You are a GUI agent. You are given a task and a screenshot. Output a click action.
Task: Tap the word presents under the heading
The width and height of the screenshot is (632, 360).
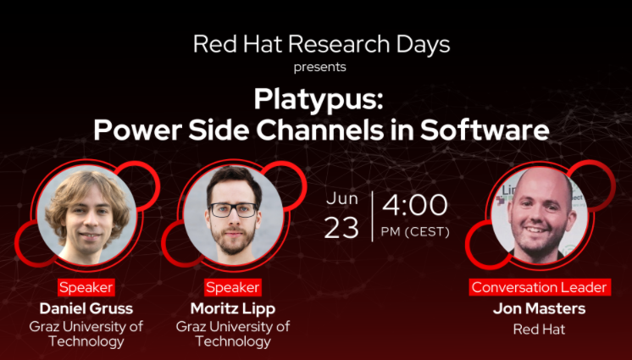(x=319, y=67)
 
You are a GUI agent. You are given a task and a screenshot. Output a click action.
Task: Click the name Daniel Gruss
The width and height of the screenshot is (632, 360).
(x=86, y=308)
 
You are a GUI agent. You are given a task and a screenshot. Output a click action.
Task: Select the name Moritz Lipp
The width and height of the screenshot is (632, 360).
(x=233, y=309)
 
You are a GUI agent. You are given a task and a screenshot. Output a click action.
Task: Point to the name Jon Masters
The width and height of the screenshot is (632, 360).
(x=540, y=308)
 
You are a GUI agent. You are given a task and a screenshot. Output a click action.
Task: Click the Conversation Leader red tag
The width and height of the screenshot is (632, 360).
(x=540, y=287)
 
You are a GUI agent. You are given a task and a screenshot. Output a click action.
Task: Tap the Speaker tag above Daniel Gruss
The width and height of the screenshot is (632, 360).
(x=86, y=287)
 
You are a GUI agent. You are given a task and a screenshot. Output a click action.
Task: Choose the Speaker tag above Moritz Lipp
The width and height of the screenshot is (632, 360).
(x=233, y=287)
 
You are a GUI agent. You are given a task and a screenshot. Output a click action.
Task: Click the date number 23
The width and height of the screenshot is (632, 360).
(x=341, y=228)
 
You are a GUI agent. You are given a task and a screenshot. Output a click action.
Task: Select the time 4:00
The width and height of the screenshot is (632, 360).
(x=415, y=205)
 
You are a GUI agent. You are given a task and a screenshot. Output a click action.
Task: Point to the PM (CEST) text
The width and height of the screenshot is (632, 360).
(x=415, y=232)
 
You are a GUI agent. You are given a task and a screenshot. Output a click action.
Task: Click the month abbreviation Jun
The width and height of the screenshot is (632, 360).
(x=342, y=199)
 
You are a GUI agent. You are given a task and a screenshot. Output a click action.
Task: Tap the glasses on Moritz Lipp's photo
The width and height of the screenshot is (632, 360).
(x=233, y=210)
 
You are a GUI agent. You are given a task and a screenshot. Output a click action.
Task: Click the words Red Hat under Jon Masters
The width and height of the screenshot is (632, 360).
(x=540, y=330)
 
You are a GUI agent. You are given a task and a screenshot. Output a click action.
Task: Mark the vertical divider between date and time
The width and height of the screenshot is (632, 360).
(x=373, y=216)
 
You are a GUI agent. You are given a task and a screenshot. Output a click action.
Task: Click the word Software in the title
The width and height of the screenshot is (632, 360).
(x=485, y=130)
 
